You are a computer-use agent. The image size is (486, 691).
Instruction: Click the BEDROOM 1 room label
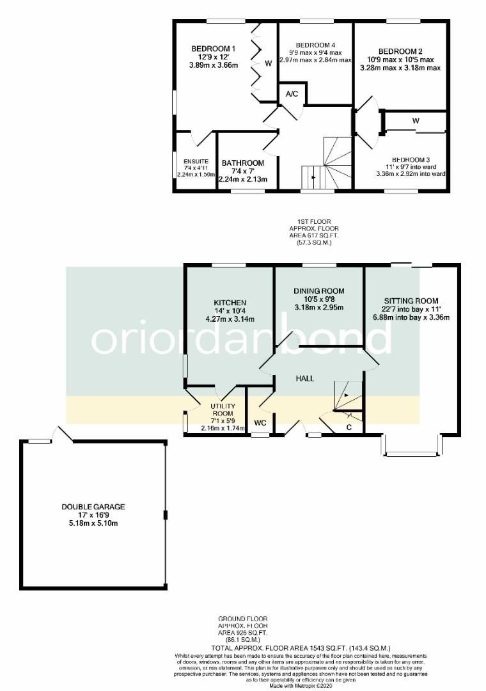pos(214,49)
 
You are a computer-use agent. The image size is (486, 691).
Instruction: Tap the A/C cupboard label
pos(292,94)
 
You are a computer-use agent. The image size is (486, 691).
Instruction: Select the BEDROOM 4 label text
pos(315,44)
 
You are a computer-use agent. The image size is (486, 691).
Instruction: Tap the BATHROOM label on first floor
pos(243,163)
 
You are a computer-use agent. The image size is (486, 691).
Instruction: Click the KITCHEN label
pos(231,303)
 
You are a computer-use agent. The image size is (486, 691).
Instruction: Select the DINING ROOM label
pos(318,291)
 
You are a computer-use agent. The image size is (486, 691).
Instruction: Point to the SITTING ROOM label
pos(411,301)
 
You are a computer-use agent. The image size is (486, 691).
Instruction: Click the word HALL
pos(304,378)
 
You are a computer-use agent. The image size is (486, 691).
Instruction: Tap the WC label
pos(260,423)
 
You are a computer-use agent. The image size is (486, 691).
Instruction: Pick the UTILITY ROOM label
pos(223,410)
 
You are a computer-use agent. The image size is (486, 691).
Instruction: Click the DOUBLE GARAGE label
pos(93,507)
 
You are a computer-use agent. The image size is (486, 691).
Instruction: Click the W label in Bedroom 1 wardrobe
pos(269,63)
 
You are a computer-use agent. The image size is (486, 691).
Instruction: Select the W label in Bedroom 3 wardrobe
pos(416,120)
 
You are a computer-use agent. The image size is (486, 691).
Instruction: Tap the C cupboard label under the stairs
pos(349,427)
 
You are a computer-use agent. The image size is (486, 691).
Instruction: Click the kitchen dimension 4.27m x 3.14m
pos(231,319)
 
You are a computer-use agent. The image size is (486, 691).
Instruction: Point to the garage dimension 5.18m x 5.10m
pos(93,523)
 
